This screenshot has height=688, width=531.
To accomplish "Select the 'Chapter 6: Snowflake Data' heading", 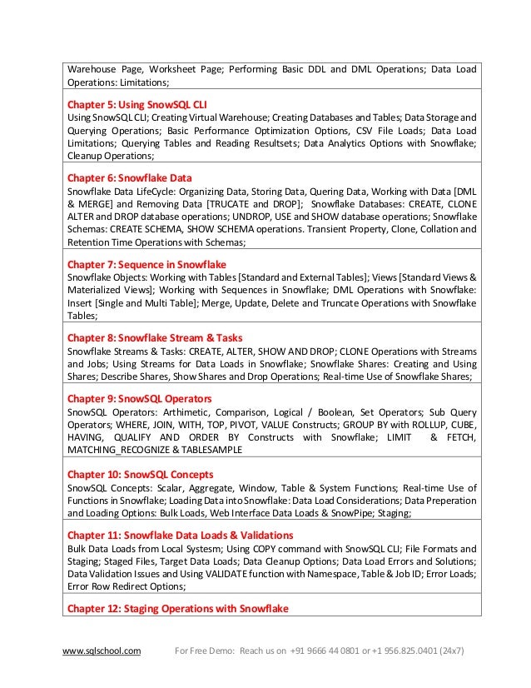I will click(129, 178).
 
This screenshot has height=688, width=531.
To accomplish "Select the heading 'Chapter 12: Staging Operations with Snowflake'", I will click(177, 609).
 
